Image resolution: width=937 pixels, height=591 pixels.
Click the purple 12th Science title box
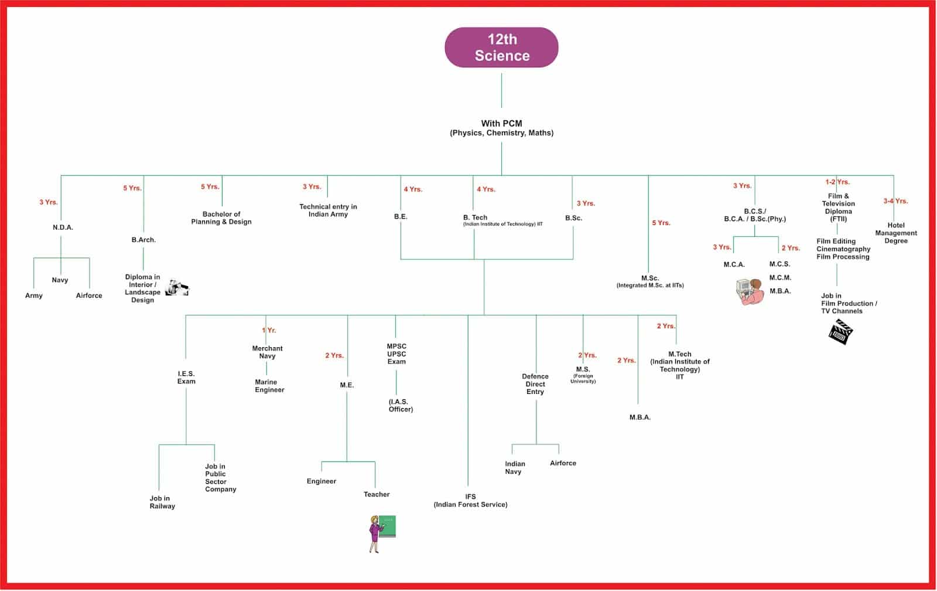(501, 47)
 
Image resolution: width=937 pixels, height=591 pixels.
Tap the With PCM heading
(501, 124)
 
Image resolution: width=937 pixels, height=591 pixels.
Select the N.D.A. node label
(63, 227)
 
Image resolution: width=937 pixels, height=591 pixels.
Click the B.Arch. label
(143, 240)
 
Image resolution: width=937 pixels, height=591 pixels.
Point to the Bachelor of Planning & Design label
(221, 218)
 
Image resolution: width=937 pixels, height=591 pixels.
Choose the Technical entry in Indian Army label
(328, 210)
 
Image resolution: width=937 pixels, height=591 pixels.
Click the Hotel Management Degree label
(896, 233)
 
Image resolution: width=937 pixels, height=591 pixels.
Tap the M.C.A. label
(734, 264)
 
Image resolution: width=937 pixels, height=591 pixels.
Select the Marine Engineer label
(269, 386)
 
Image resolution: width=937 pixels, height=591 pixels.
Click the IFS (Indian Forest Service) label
(471, 501)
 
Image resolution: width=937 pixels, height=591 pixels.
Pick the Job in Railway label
(162, 502)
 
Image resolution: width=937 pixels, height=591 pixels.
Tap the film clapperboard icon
(840, 332)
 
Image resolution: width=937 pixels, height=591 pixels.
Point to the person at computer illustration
(750, 291)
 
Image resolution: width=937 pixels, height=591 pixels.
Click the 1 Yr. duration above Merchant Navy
(269, 330)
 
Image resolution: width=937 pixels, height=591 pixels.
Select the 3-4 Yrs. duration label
(895, 201)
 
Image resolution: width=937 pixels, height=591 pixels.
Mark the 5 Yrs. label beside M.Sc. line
(661, 223)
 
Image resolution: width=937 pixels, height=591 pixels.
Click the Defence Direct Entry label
(535, 384)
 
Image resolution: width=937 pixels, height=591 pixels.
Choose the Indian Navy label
(515, 467)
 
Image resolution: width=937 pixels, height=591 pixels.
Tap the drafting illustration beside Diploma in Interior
(177, 288)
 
